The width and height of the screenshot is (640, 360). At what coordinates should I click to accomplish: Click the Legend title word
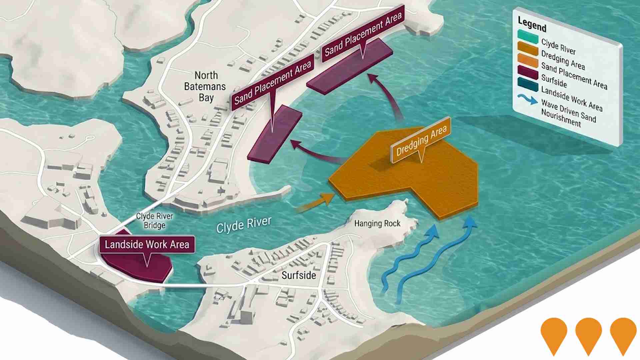(532, 24)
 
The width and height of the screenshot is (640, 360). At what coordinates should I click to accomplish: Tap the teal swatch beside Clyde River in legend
(528, 36)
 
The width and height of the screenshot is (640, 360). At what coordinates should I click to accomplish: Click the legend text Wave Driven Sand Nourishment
(568, 113)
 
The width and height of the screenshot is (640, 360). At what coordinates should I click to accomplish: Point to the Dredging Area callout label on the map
(421, 141)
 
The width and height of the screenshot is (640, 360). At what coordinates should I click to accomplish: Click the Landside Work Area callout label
(147, 245)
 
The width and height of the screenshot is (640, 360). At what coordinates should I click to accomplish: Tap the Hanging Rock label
(377, 223)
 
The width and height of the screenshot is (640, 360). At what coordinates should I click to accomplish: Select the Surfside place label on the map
(299, 275)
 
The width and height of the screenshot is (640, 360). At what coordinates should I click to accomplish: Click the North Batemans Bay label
(205, 86)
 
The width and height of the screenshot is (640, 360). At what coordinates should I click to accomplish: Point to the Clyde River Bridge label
(155, 221)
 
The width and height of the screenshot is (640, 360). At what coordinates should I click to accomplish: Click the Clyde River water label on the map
(244, 225)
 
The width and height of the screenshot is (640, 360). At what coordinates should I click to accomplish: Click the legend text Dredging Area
(563, 60)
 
